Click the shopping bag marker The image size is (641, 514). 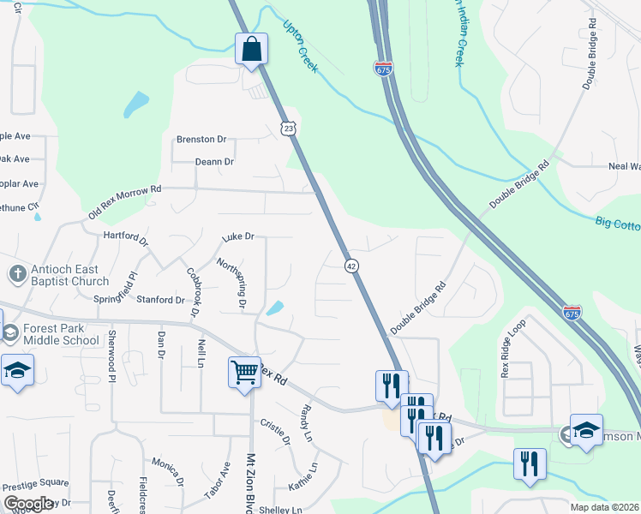(252, 49)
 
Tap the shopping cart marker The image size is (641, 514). (244, 373)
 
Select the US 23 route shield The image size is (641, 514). (290, 128)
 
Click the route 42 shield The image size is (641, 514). (351, 266)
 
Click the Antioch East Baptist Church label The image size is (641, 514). (69, 275)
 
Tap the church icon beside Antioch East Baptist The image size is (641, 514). (16, 274)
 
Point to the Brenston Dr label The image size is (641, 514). (201, 140)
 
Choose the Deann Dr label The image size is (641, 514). (214, 161)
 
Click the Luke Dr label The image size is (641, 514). (238, 236)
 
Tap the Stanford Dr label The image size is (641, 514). (161, 300)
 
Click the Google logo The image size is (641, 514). (28, 504)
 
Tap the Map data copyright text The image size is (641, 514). (604, 507)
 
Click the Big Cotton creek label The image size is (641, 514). (618, 224)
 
